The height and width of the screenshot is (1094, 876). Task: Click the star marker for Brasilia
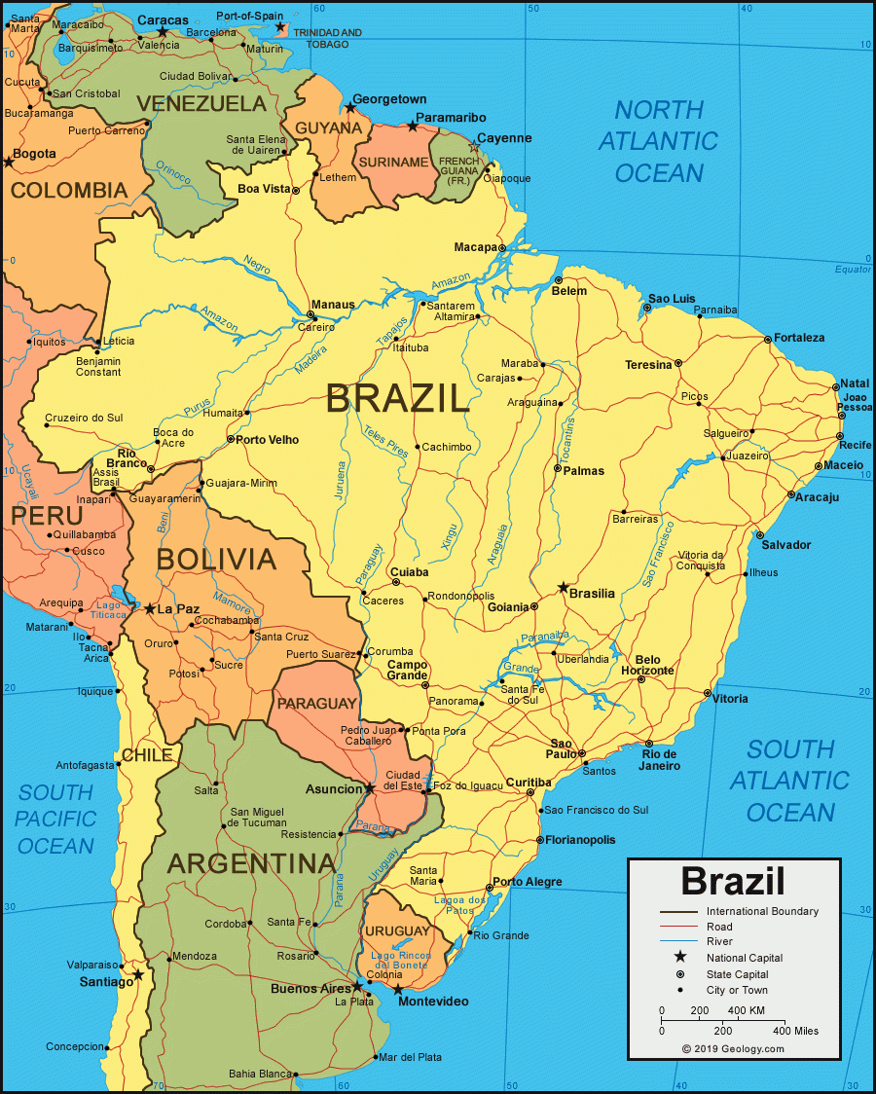point(563,588)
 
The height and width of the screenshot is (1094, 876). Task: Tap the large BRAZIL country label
point(397,398)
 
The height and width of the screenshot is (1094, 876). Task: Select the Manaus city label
point(333,305)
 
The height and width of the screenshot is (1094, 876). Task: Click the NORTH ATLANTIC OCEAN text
point(658,141)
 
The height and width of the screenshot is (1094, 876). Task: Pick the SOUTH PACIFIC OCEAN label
point(56,819)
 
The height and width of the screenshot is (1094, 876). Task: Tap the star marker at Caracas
point(163,32)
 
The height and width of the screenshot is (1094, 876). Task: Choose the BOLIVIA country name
point(216,559)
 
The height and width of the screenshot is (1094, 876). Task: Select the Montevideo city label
point(434,1002)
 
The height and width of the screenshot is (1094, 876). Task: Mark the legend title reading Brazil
point(732,881)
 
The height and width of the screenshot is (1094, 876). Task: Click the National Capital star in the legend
point(680,958)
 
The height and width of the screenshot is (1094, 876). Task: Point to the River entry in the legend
point(719,942)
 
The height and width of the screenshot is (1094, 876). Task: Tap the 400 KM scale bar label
point(745,1011)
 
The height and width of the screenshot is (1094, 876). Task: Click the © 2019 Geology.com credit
point(732,1048)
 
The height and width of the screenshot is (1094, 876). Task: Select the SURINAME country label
point(393,162)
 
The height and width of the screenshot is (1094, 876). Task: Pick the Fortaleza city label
point(799,338)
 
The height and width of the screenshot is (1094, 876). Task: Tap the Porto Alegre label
point(527,882)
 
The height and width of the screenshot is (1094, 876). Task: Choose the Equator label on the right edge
point(853,270)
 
